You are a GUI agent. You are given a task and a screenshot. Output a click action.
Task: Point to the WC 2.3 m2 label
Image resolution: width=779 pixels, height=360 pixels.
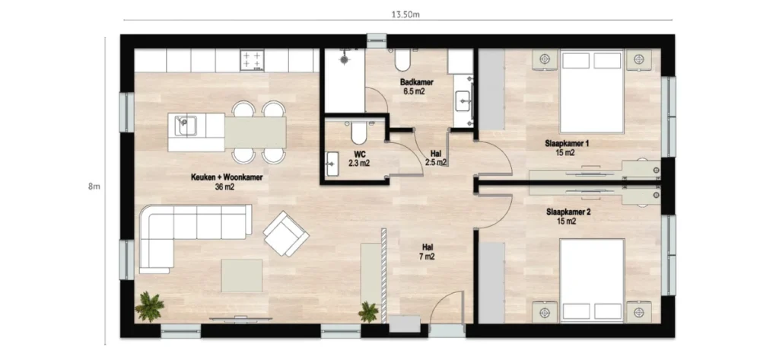pyautogui.click(x=359, y=158)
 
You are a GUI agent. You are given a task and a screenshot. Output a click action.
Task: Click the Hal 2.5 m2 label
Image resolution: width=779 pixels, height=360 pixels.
pyautogui.click(x=435, y=158)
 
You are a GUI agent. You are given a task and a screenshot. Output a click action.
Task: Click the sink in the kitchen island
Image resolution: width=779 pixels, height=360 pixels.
pyautogui.click(x=185, y=124)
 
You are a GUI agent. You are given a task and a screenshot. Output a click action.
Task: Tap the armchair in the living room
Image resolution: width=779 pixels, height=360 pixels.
pyautogui.click(x=286, y=233)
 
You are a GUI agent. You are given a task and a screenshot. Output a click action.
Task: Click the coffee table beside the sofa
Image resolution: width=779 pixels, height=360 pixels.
pyautogui.click(x=242, y=275)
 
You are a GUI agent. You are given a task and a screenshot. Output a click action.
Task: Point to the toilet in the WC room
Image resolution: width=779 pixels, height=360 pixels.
pyautogui.click(x=359, y=134)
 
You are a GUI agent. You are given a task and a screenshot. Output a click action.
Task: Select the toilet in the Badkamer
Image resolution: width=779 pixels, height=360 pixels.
pyautogui.click(x=402, y=59)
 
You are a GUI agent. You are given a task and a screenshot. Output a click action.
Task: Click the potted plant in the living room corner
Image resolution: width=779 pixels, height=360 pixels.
pyautogui.click(x=149, y=307)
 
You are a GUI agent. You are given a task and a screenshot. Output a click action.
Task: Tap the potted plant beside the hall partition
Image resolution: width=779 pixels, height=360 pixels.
pyautogui.click(x=369, y=311)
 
